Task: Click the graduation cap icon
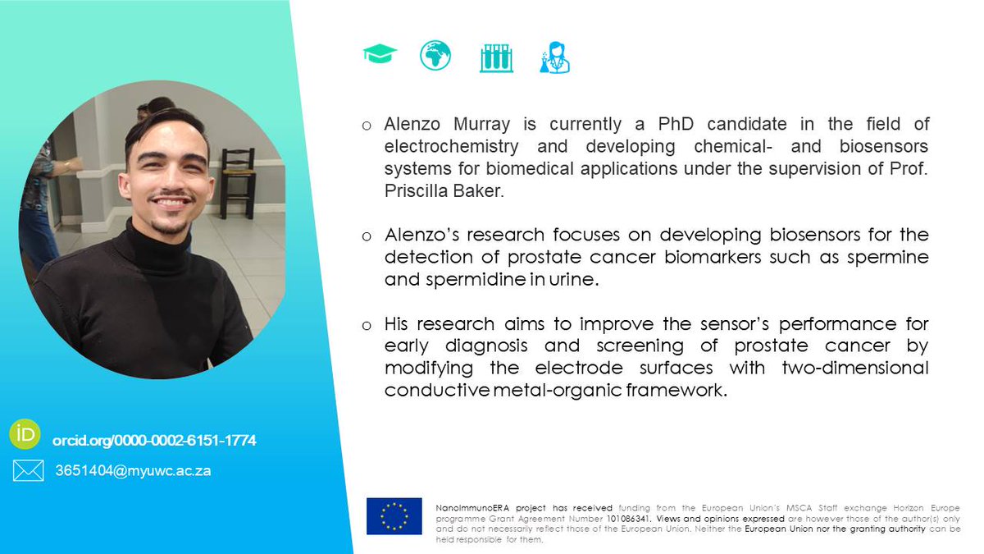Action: point(380,56)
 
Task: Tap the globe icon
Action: point(435,56)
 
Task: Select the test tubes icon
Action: point(496,57)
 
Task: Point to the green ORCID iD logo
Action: point(25,434)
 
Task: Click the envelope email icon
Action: point(28,471)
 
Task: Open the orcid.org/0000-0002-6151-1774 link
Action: point(154,441)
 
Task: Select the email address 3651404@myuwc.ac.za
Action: point(133,471)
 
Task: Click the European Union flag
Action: point(394,516)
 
